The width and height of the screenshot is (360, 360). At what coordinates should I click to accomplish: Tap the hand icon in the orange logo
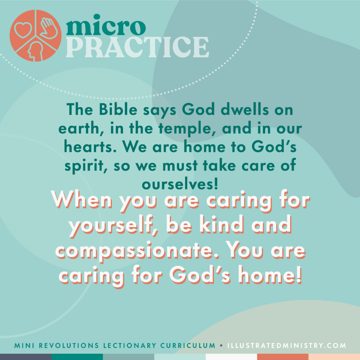click(49, 28)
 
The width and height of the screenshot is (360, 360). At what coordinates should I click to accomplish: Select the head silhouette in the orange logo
click(35, 51)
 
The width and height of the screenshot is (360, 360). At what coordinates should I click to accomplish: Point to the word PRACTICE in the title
click(137, 47)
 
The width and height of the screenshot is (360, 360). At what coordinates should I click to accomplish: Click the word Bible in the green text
click(118, 110)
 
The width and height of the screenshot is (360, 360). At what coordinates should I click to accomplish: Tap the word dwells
click(245, 110)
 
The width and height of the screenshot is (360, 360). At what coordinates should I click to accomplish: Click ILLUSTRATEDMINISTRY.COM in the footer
click(287, 345)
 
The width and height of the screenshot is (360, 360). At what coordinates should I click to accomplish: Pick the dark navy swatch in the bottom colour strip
click(26, 357)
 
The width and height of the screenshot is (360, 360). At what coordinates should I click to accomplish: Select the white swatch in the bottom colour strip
click(231, 357)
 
